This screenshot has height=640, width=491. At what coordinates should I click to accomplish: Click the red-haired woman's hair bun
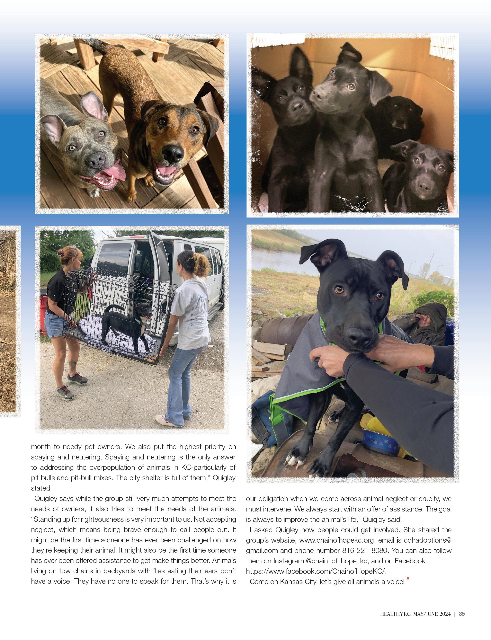pos(61,252)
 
